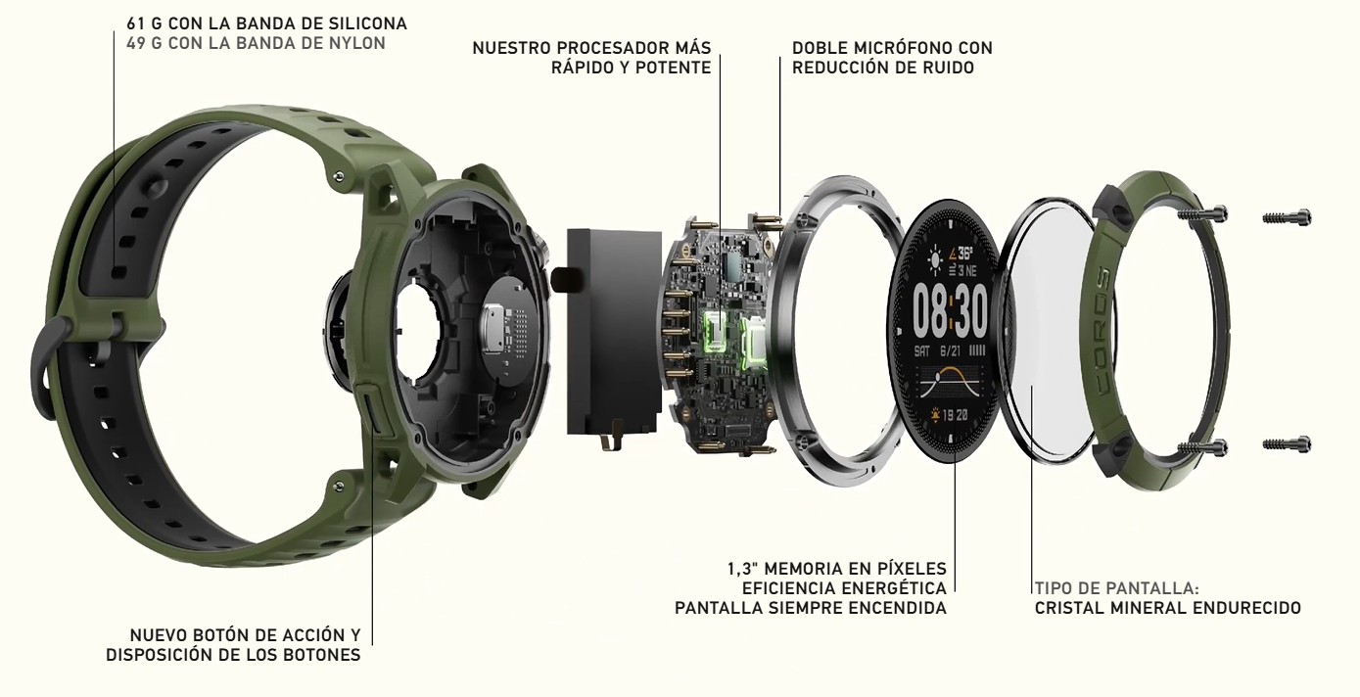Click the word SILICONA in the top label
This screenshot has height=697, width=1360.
(368, 23)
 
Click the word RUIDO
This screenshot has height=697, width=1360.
(949, 68)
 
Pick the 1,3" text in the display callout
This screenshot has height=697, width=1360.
(743, 569)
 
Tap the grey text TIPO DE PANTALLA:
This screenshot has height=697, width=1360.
(1117, 588)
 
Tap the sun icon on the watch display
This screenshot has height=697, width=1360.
(935, 260)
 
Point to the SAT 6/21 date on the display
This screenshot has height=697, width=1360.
(938, 351)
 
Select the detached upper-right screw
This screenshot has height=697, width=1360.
(1287, 216)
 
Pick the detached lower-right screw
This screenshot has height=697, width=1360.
(1287, 443)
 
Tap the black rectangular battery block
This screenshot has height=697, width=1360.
(613, 332)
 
